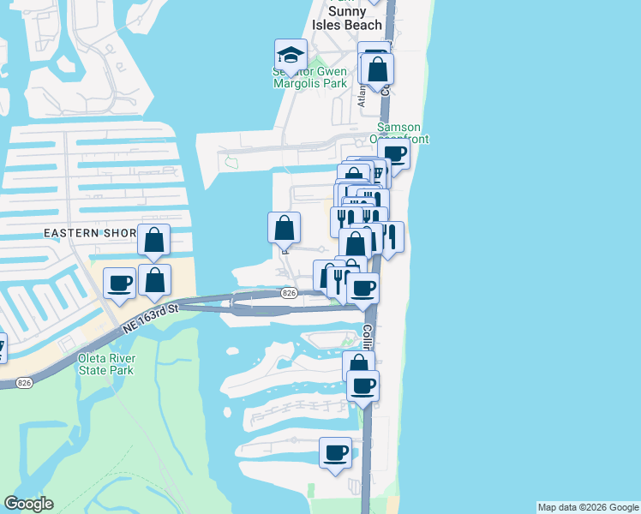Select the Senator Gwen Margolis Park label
pos(309,78)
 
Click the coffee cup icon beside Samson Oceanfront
pos(394,154)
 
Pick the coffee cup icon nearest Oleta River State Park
pos(119,284)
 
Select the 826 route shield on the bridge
pos(289,294)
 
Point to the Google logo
pos(28,504)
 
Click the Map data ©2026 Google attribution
pos(588,508)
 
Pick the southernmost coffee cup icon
pos(335,452)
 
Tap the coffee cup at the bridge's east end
pos(362,289)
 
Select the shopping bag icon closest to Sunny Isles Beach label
pos(377,69)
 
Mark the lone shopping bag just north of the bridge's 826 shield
pos(285,229)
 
